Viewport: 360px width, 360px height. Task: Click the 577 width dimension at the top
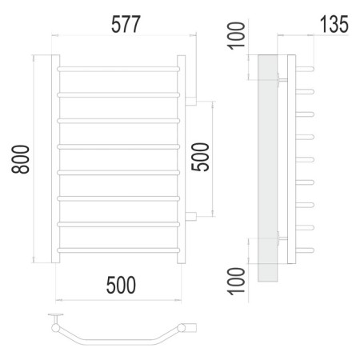126,24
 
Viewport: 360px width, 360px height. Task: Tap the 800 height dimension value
20,159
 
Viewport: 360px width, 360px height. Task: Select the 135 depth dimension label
334,24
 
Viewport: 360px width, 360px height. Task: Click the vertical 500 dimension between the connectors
200,157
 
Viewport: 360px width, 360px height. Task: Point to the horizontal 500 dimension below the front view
121,285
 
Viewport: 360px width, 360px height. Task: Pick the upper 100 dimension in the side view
236,35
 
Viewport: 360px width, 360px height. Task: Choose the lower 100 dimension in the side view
236,282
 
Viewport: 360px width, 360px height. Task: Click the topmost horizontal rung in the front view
118,69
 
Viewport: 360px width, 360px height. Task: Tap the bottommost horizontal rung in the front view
118,250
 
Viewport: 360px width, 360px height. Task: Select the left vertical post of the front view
55,159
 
